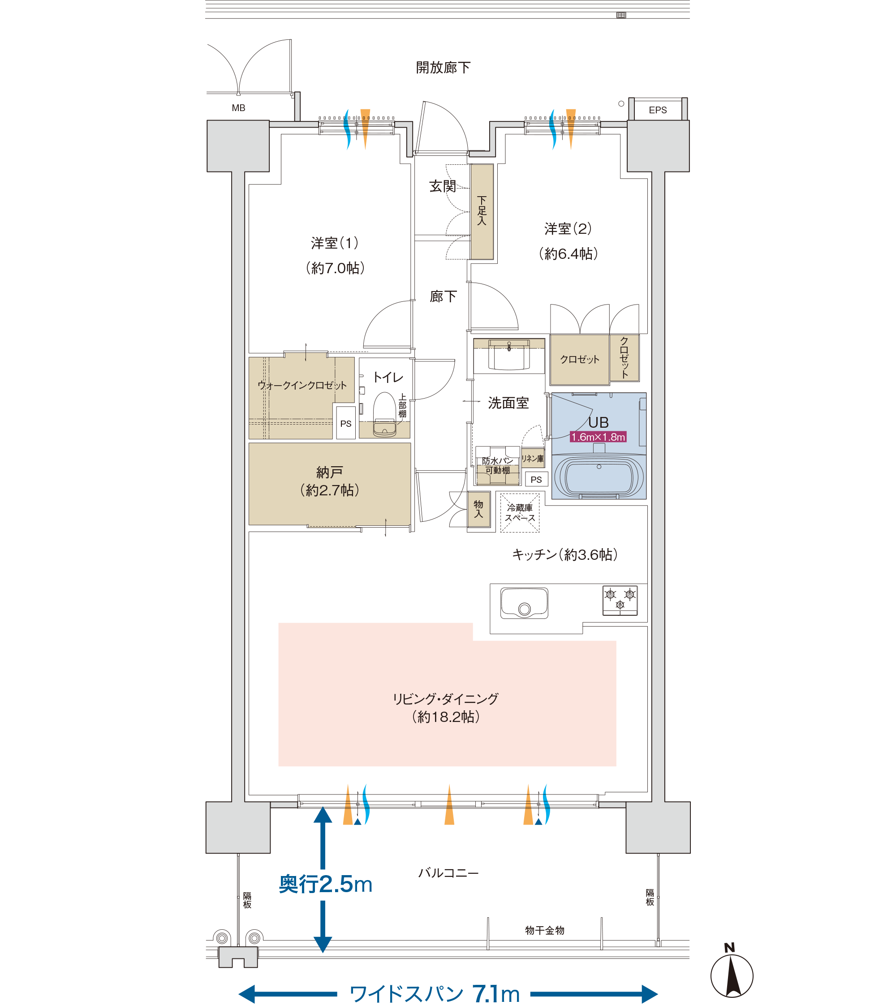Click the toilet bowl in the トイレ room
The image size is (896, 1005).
384,414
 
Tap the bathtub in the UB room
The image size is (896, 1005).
599,476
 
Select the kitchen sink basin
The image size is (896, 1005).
524,603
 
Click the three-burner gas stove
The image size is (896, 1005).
620,601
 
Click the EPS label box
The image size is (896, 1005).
658,110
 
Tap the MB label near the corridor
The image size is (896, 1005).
238,108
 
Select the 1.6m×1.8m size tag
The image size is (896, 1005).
598,437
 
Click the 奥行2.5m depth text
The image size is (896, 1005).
325,885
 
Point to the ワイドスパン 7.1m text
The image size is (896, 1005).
435,994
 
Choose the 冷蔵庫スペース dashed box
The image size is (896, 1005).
520,512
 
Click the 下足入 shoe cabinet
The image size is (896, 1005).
482,212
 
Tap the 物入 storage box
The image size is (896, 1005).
478,509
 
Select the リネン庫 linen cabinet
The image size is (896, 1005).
533,458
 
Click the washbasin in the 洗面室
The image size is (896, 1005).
509,354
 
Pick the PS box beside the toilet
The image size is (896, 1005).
345,423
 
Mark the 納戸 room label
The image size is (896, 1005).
329,481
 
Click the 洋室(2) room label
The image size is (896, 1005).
568,241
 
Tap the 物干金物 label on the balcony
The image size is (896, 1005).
544,930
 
